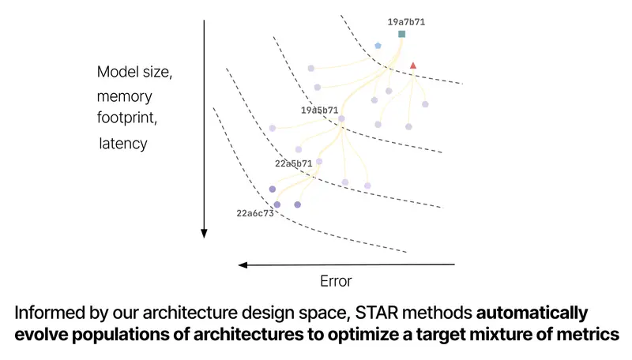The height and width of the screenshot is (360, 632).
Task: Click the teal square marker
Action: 401,34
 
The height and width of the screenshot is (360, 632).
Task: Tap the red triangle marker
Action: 413,66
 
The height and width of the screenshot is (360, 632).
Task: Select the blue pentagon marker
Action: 378,46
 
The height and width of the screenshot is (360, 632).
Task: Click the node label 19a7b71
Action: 406,22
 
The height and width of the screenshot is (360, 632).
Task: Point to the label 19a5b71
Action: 319,110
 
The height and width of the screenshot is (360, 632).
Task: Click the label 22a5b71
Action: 293,163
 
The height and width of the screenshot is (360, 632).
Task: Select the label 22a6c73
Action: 255,213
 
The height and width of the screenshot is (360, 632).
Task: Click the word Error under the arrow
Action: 336,281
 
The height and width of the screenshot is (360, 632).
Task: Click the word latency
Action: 123,144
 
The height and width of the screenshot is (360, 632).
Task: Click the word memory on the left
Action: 125,96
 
